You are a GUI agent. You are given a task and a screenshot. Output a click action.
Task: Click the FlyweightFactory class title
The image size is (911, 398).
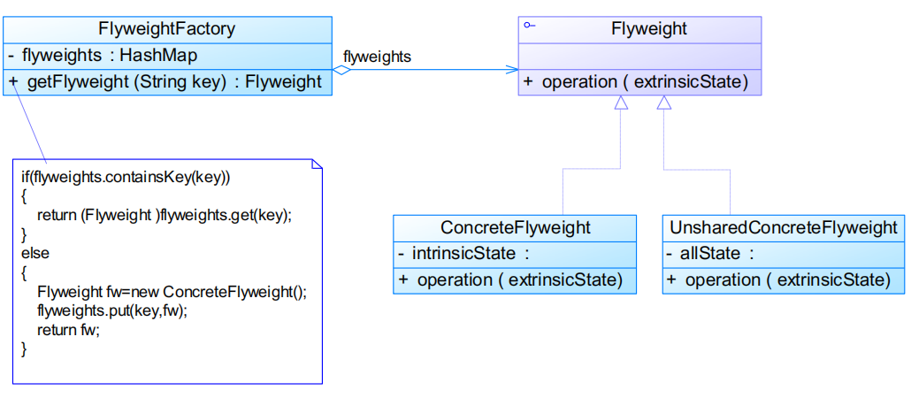tap(166, 29)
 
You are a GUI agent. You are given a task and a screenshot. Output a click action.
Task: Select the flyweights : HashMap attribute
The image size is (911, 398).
tap(102, 55)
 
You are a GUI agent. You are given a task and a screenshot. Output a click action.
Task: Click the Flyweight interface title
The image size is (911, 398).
tap(648, 29)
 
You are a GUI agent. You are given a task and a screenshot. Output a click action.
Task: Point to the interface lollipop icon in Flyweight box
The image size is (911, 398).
tap(529, 26)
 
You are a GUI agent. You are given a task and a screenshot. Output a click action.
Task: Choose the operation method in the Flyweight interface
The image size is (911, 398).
tap(636, 82)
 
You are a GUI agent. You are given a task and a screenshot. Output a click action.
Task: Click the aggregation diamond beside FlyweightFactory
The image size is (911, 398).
tap(341, 70)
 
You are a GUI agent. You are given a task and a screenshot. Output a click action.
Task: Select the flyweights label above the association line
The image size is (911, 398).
tap(377, 56)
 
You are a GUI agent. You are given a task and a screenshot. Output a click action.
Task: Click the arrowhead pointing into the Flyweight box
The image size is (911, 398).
tap(512, 70)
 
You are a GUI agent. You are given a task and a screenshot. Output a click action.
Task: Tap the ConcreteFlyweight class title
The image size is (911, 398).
tap(515, 227)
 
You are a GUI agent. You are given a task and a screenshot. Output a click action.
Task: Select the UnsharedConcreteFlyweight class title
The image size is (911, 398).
tap(783, 227)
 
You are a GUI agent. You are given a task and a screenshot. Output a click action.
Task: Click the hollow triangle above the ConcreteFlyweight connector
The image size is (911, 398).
tap(621, 103)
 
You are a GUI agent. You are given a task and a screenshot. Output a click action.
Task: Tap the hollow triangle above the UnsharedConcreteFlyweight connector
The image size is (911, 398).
tap(664, 103)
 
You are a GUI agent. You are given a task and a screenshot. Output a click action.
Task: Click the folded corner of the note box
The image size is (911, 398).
tap(317, 165)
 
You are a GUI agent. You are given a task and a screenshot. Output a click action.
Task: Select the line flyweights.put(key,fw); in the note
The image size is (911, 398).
tap(113, 311)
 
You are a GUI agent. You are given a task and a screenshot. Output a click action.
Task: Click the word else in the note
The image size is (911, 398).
tap(35, 253)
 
